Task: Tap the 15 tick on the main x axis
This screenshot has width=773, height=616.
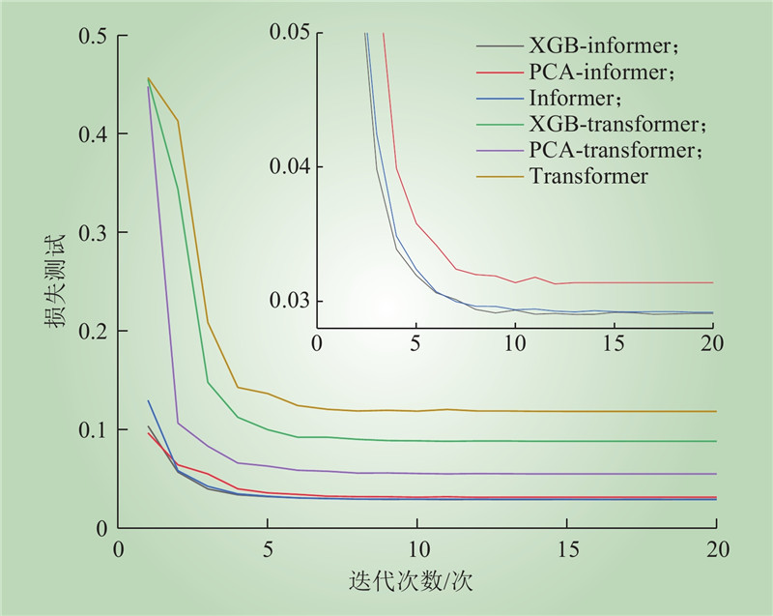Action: tap(566, 548)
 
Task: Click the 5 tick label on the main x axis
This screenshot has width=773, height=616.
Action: tap(268, 548)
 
